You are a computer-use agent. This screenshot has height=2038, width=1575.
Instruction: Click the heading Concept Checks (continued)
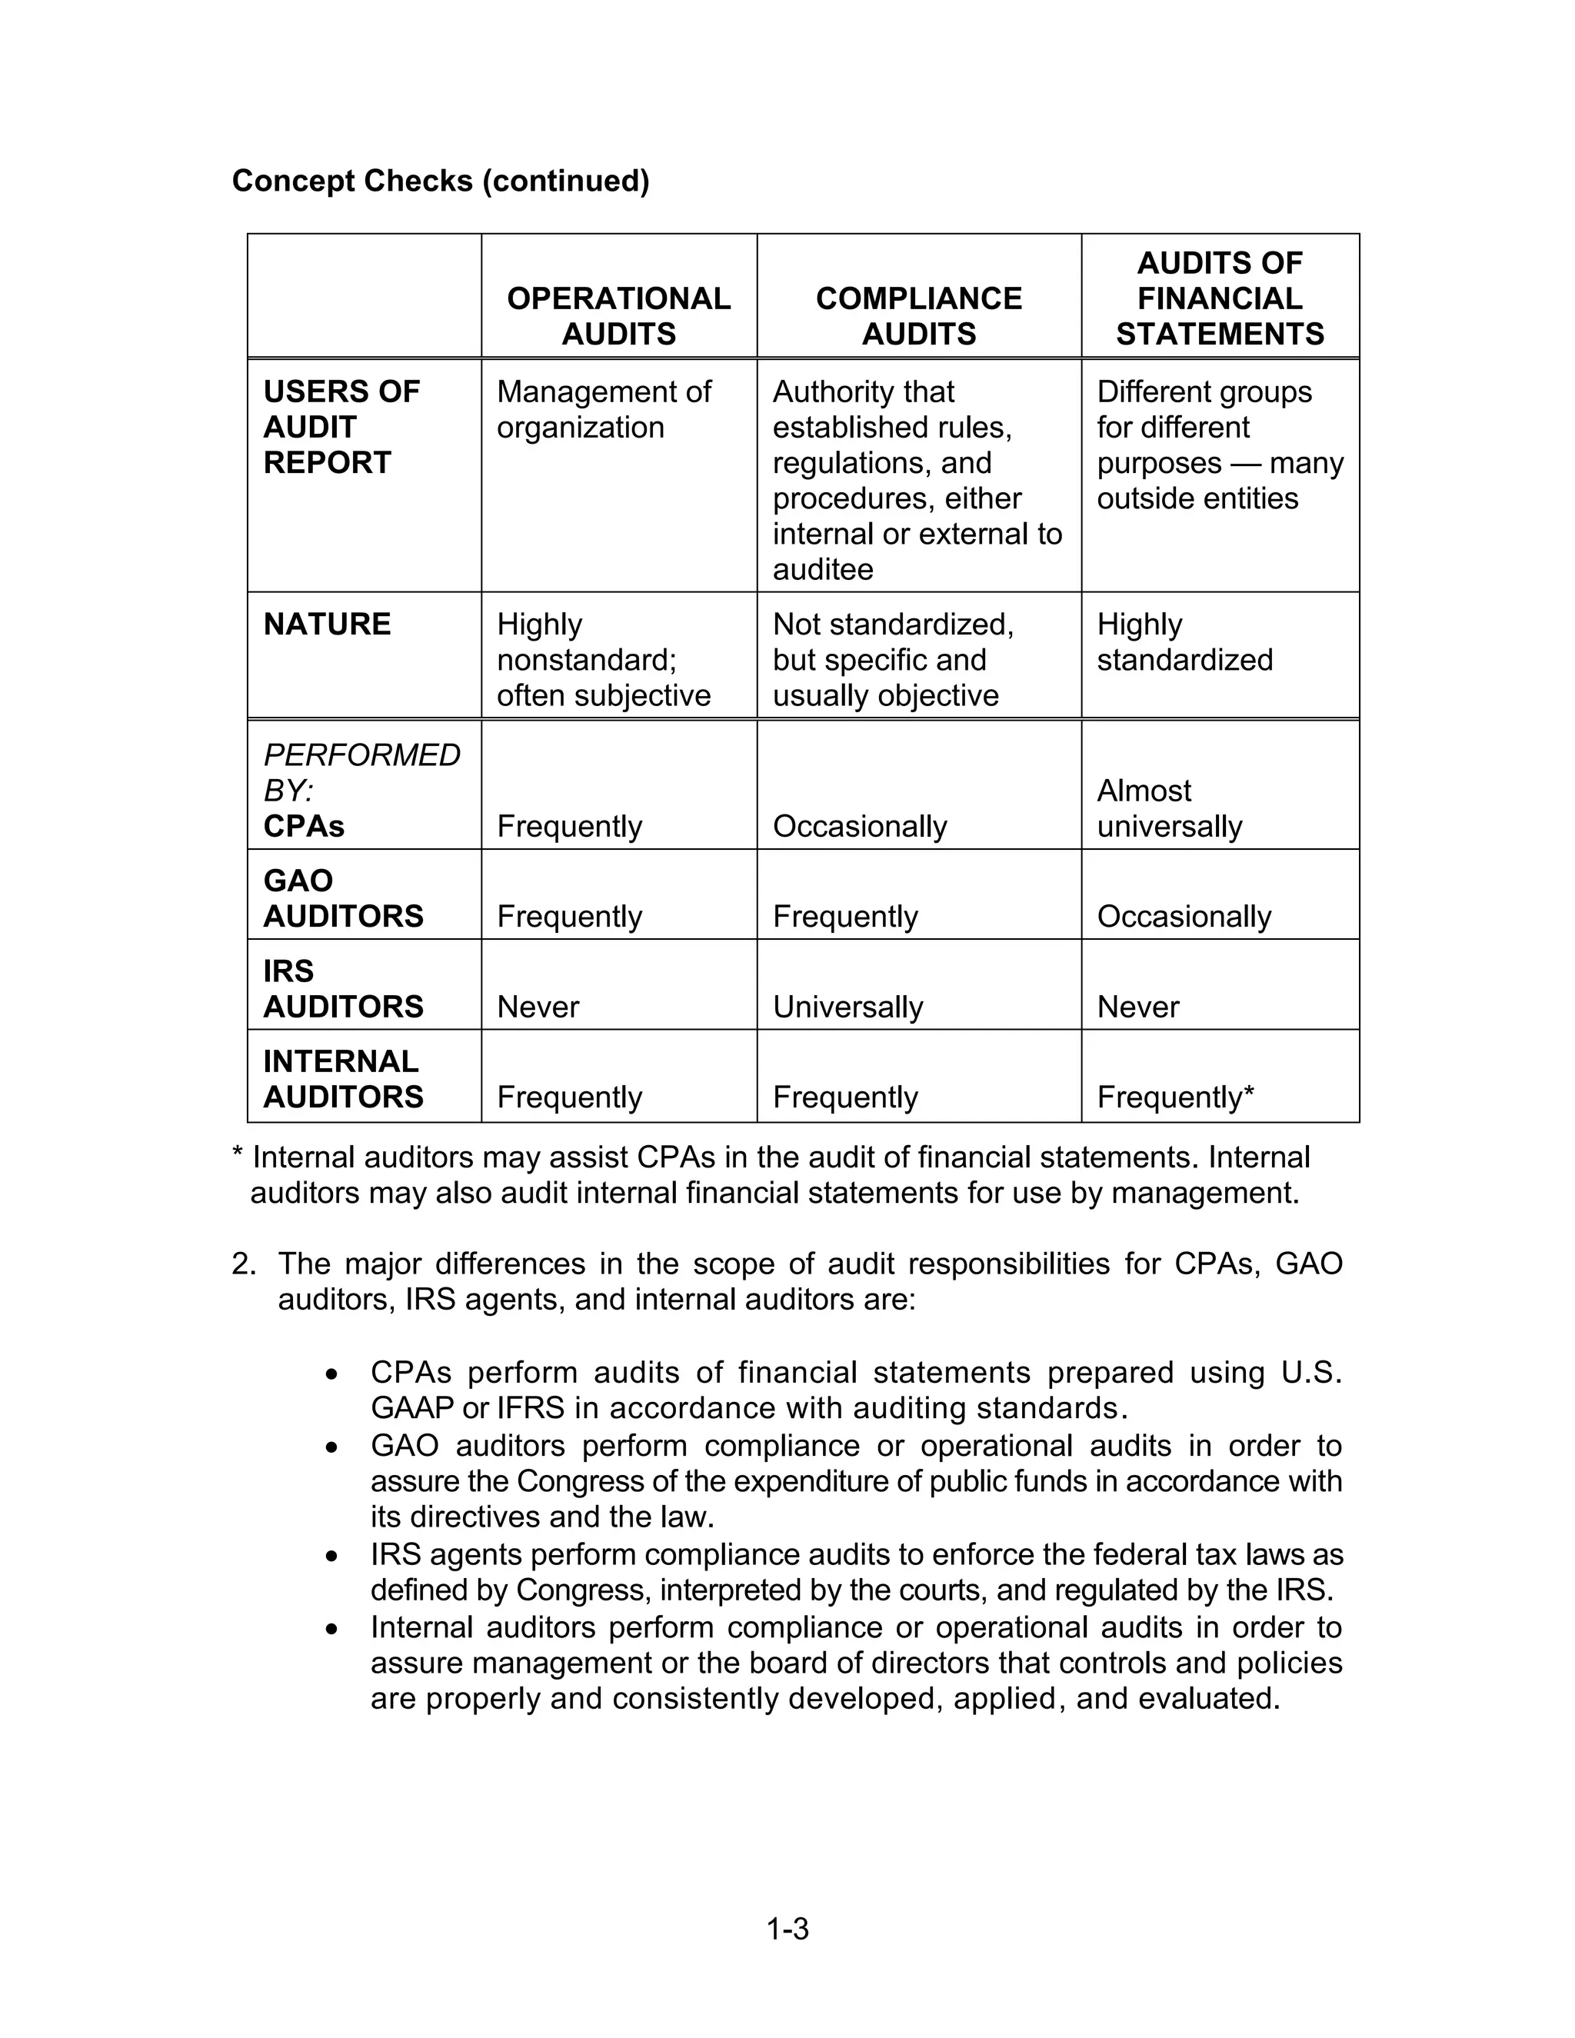(441, 180)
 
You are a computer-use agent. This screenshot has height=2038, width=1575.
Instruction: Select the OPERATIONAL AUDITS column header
(618, 315)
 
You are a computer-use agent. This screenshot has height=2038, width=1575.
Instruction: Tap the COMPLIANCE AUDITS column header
(918, 315)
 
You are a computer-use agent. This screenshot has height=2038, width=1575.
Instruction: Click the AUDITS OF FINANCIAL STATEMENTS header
(1220, 298)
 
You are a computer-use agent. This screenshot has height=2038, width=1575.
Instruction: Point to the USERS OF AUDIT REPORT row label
(341, 427)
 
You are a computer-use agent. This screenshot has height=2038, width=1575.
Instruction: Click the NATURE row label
(327, 624)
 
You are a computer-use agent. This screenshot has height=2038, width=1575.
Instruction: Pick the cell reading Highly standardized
(1184, 641)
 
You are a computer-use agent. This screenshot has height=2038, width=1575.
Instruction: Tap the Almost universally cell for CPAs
(1169, 808)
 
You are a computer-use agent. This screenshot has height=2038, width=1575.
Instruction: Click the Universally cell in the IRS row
(847, 1007)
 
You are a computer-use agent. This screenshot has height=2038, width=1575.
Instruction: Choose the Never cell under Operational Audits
(538, 1007)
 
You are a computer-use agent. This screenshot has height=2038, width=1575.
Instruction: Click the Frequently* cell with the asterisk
(1175, 1097)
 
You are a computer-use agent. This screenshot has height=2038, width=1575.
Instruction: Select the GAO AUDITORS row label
(342, 897)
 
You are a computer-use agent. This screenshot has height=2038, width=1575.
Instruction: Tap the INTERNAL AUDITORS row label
(342, 1079)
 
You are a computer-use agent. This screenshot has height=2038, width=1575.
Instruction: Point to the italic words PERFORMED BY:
(361, 771)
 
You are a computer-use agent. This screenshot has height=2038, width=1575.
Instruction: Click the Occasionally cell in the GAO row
(1183, 917)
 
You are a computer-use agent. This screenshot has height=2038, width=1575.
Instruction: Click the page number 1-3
(787, 1928)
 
